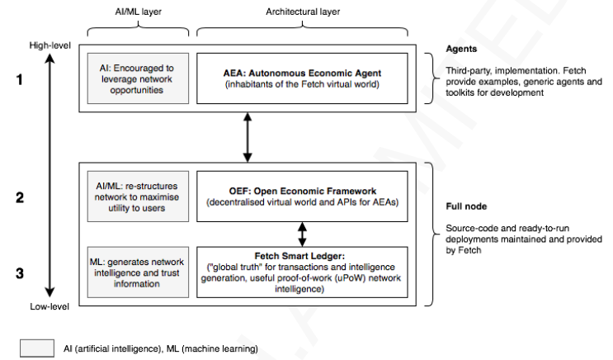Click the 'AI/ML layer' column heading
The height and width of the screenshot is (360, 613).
tap(138, 12)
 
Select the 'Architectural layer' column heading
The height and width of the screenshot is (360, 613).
tap(303, 12)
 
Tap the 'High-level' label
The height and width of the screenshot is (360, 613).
tap(50, 45)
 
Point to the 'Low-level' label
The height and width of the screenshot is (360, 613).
tap(50, 306)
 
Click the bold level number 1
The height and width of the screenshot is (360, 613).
tap(19, 79)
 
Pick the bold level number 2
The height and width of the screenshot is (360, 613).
tap(20, 197)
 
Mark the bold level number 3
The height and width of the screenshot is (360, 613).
tap(20, 273)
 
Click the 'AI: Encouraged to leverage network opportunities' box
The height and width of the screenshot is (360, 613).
tap(138, 78)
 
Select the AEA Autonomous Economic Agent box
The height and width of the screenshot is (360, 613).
tap(302, 78)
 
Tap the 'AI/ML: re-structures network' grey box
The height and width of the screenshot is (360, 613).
tap(138, 197)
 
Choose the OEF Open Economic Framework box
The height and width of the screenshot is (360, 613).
tap(302, 197)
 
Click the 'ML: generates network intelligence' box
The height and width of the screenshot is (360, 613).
tap(138, 272)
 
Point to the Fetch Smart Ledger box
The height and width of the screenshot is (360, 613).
tap(302, 272)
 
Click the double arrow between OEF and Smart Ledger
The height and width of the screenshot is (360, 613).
tap(302, 234)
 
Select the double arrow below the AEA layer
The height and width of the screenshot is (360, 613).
tap(248, 137)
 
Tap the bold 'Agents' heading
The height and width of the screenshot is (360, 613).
tap(461, 49)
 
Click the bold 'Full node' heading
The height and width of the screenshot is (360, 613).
tap(466, 206)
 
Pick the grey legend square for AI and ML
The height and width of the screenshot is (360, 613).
tap(37, 348)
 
